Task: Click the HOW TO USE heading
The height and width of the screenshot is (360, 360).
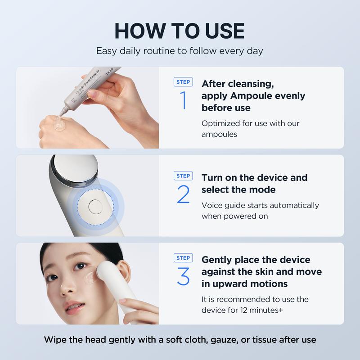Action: [180, 31]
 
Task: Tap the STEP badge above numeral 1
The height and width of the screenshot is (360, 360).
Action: [183, 82]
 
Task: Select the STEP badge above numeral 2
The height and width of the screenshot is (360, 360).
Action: [183, 176]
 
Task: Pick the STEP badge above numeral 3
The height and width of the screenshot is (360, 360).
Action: [183, 258]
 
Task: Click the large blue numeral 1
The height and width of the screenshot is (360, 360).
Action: [184, 100]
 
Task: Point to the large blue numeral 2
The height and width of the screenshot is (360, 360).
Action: [184, 194]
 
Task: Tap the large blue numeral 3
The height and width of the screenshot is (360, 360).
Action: [184, 276]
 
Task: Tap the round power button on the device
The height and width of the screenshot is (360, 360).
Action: [95, 207]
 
